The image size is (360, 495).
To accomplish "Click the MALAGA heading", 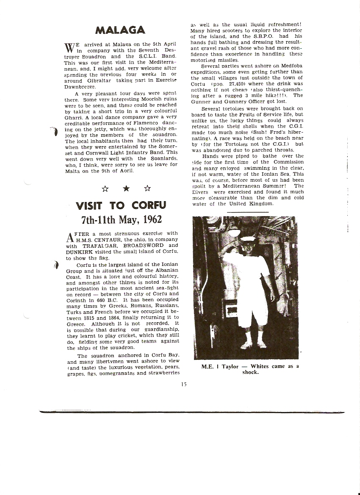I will point(120,29).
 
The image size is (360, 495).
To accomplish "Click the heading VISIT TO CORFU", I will point(121,206).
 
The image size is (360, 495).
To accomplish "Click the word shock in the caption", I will point(250,373).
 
